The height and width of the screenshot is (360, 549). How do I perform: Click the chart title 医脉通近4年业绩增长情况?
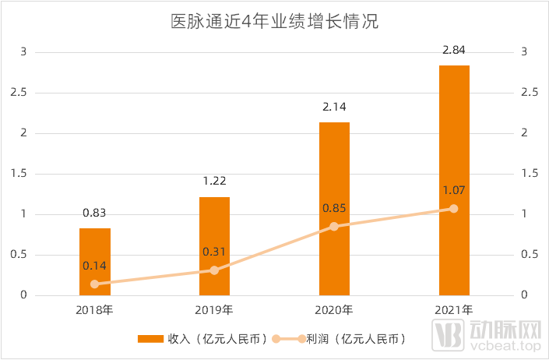pos(274,21)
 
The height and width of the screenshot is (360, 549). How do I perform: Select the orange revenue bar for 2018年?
pos(95,261)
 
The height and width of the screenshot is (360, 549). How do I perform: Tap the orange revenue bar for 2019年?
pos(214,245)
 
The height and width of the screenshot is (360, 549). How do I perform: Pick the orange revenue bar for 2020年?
pos(334,208)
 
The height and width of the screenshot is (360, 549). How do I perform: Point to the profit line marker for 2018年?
pos(95,284)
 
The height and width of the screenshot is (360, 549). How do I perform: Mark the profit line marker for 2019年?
pos(214,270)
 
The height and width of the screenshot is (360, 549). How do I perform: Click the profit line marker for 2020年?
pos(334,226)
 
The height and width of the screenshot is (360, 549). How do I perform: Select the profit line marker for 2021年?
pos(454,208)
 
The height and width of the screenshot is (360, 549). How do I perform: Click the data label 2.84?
pos(454,51)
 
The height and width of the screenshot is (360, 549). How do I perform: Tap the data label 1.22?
pos(214,182)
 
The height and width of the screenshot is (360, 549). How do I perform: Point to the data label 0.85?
pos(334,208)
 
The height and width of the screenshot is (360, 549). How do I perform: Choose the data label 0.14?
pos(95,266)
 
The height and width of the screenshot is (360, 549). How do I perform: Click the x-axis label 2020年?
pos(334,310)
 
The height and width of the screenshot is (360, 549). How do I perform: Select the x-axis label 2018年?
pos(95,310)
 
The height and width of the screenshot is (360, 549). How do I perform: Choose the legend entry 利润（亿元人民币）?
pos(350,339)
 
